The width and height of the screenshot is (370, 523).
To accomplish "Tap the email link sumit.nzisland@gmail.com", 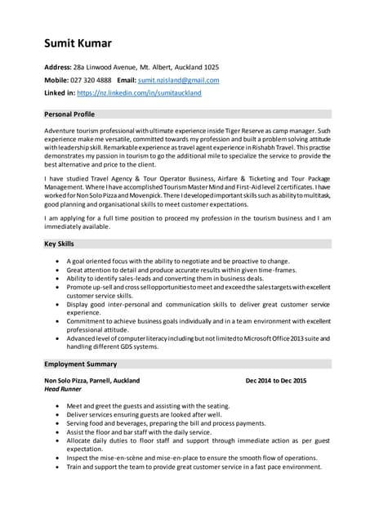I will coord(178,80).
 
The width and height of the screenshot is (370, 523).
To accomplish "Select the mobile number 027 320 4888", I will coord(89,80).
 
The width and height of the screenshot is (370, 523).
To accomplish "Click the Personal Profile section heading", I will coord(70,114).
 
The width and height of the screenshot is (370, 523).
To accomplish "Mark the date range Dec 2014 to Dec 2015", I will coord(275,380).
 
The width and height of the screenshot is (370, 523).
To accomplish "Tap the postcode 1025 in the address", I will coord(210,67).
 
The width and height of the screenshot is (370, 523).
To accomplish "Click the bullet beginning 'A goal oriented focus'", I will coord(177,261).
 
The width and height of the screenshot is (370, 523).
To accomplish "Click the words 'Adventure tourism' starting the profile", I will coord(73,131).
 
